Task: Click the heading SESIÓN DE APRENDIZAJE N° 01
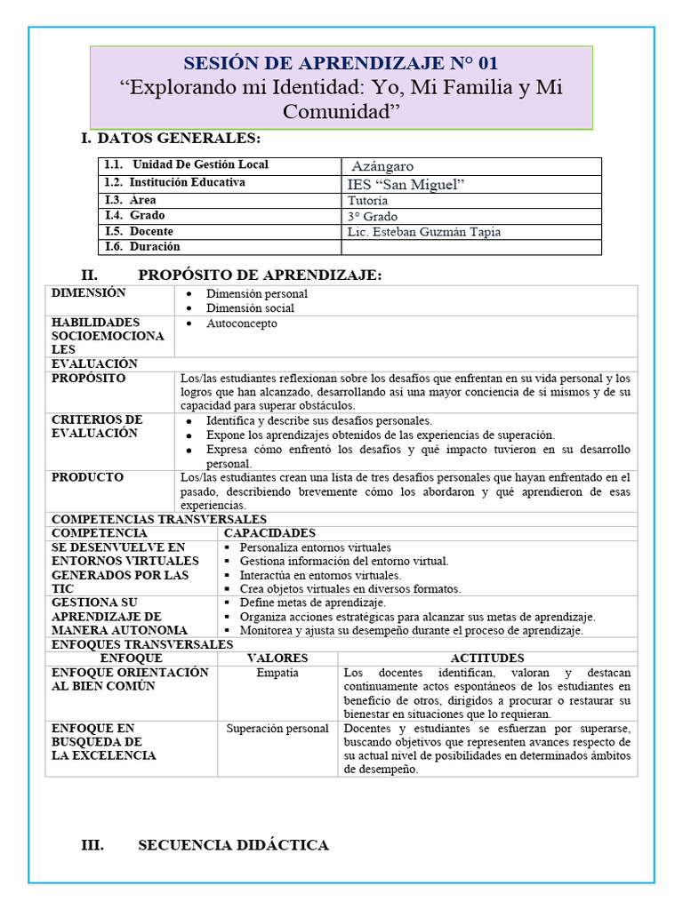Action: click(341, 63)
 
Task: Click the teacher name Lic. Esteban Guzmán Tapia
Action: click(423, 232)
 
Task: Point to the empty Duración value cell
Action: click(471, 247)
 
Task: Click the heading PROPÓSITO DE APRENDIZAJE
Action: click(260, 275)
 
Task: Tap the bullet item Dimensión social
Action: click(250, 308)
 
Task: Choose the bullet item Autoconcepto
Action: click(242, 323)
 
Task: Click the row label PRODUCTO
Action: click(87, 478)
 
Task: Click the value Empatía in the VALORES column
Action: click(277, 673)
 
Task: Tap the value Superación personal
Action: click(277, 729)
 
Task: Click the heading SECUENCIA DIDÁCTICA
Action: click(233, 845)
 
